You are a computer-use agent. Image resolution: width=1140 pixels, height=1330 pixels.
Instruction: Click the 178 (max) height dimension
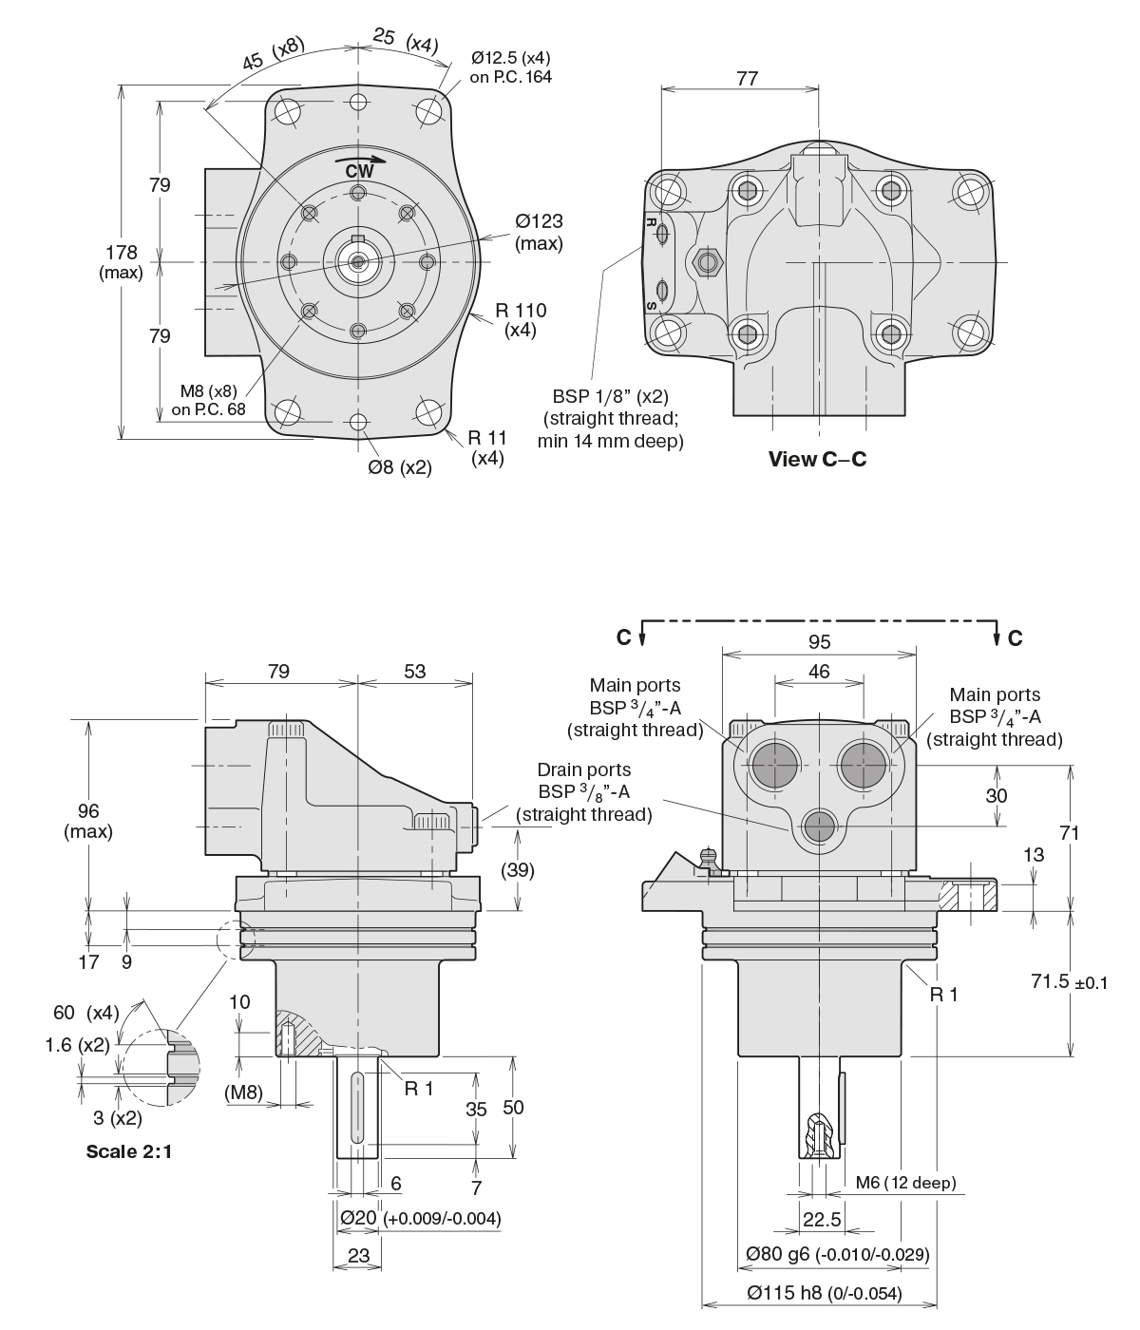[121, 261]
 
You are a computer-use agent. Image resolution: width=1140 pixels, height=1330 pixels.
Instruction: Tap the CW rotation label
[359, 171]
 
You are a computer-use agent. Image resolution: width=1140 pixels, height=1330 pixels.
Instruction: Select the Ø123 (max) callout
[539, 232]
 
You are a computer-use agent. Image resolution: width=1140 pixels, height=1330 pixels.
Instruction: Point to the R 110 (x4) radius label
[521, 319]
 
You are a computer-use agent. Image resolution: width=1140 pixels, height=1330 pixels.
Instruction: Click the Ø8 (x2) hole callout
[400, 466]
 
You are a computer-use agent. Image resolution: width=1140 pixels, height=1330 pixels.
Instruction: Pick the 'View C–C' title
[817, 460]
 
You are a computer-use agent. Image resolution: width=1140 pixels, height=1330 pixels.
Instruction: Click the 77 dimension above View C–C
[747, 78]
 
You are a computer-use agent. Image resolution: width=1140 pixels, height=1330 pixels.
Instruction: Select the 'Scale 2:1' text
[129, 1151]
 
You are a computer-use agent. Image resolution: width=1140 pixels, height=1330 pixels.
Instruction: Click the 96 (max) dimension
[87, 821]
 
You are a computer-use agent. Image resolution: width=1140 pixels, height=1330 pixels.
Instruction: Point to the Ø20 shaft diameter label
[419, 1218]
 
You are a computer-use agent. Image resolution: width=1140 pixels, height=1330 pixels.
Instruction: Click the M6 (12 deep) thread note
[905, 1183]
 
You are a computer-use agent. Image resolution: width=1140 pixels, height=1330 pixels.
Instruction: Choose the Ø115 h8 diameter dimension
[824, 1293]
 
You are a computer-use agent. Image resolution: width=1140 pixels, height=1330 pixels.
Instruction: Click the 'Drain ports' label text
[583, 769]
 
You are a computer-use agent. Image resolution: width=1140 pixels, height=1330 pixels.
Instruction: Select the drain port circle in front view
[818, 827]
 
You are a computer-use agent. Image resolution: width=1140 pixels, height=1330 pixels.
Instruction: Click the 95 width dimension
[819, 641]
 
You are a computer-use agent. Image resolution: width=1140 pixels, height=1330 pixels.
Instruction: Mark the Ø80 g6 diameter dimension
[837, 1254]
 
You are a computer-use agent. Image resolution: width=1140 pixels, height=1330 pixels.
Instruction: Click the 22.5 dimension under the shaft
[822, 1219]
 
